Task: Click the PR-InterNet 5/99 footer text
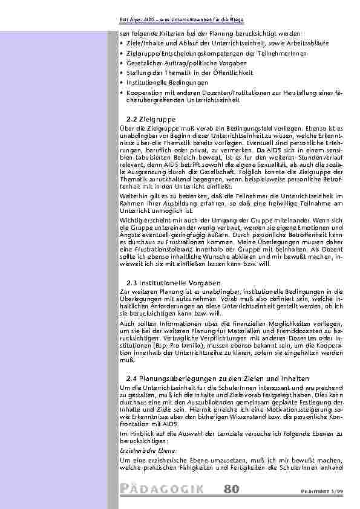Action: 327,490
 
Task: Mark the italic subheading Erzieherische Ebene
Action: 142,451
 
